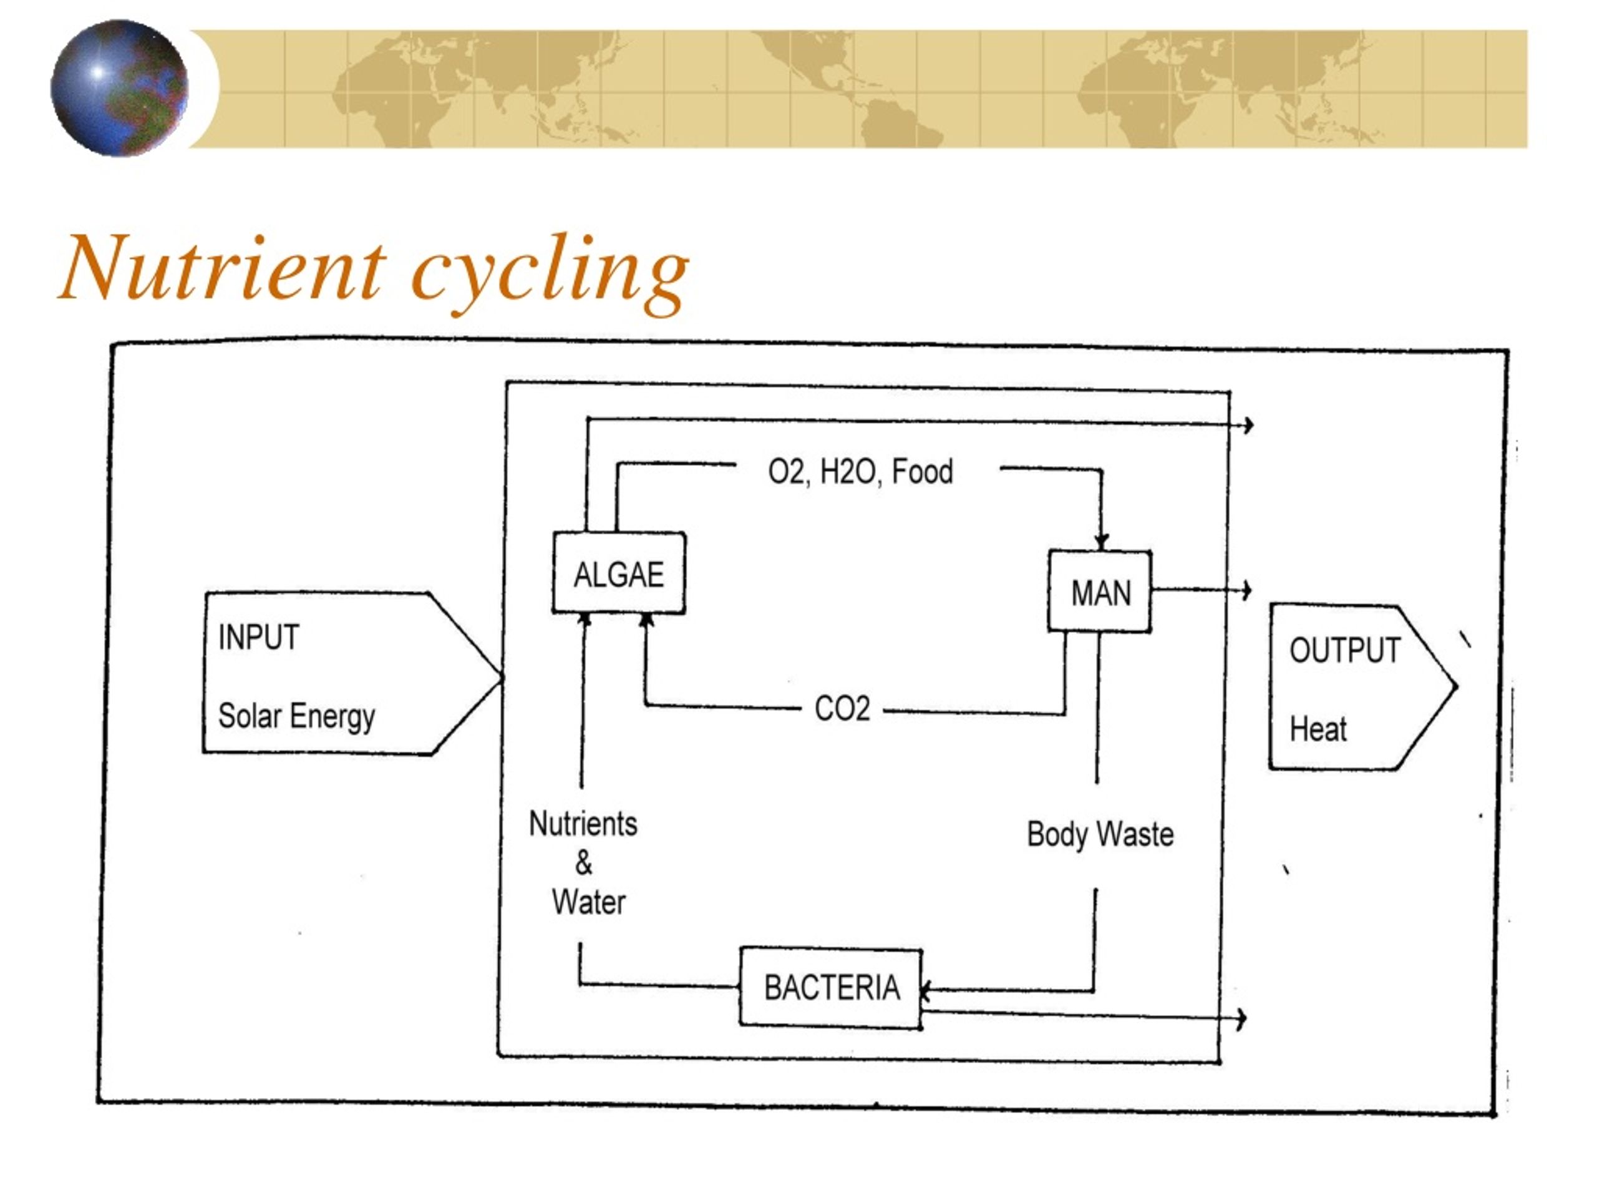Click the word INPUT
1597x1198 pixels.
pos(258,637)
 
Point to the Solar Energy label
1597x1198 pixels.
pos(297,716)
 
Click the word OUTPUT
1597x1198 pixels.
pos(1345,650)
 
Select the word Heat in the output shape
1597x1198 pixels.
pos(1318,729)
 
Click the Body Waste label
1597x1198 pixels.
pos(1100,834)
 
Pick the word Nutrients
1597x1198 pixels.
pos(583,823)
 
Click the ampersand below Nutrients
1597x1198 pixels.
pos(583,862)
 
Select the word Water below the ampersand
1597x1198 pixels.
pos(588,902)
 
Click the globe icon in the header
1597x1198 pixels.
pos(119,88)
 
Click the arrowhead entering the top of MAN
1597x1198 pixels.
pos(1101,542)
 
